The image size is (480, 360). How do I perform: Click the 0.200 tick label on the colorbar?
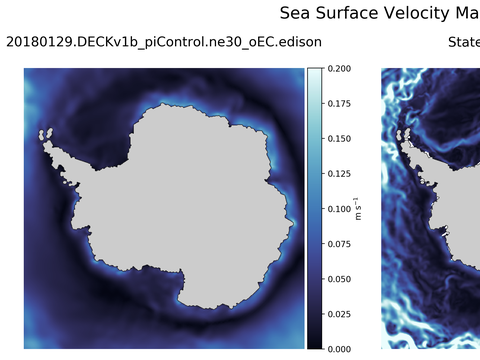click(339, 69)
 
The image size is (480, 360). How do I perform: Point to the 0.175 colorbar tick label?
click(339, 104)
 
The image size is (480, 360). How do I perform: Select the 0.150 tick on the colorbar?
click(339, 139)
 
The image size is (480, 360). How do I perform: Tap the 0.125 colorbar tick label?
click(339, 174)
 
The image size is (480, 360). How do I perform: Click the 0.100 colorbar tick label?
click(339, 209)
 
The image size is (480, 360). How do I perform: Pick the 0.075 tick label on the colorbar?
click(339, 244)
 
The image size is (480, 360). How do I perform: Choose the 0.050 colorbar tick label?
click(339, 279)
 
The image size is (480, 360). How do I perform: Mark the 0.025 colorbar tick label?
click(339, 314)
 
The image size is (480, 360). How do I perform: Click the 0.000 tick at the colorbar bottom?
click(339, 349)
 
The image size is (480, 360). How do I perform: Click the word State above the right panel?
click(463, 42)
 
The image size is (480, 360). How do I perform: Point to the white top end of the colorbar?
click(314, 72)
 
